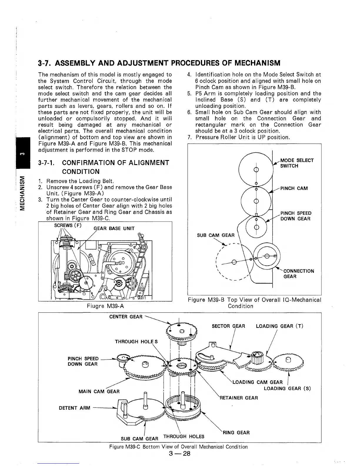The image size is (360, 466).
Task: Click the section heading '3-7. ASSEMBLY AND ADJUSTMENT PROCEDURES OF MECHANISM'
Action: (159, 63)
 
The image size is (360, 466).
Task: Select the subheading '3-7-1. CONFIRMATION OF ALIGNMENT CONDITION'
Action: (104, 167)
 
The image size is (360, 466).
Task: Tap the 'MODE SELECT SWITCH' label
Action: (297, 163)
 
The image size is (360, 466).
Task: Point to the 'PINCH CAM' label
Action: (294, 188)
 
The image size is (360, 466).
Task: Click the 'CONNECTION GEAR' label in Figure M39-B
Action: (299, 274)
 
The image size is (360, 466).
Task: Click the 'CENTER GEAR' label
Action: (126, 317)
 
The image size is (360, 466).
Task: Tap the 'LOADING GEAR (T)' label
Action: (279, 326)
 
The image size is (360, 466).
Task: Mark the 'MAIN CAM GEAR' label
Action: (99, 391)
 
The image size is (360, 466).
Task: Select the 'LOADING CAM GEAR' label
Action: (257, 382)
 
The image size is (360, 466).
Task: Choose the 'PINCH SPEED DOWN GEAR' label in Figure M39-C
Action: (83, 361)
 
